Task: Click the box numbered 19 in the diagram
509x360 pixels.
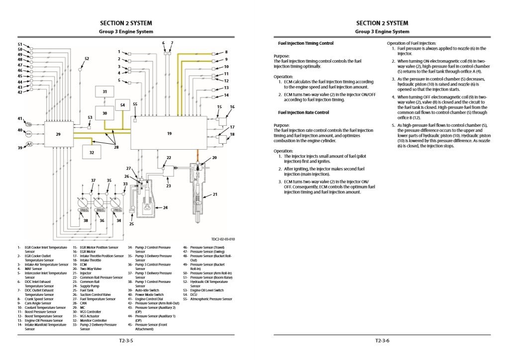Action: (x=169, y=133)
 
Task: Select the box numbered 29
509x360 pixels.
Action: (x=58, y=134)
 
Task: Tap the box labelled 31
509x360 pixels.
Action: (x=104, y=92)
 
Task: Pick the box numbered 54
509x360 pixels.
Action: (x=122, y=105)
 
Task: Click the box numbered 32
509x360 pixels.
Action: (x=92, y=153)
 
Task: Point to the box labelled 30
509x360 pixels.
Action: (x=104, y=113)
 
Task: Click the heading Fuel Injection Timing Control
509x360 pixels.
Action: (x=305, y=43)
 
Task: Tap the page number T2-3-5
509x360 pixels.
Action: (x=125, y=341)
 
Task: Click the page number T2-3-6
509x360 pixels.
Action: (x=382, y=341)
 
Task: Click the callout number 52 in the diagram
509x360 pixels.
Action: (x=87, y=59)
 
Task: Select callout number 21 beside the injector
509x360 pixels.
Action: (x=215, y=194)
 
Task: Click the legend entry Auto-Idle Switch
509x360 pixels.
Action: (x=145, y=290)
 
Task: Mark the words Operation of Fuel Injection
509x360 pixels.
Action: (x=411, y=43)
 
